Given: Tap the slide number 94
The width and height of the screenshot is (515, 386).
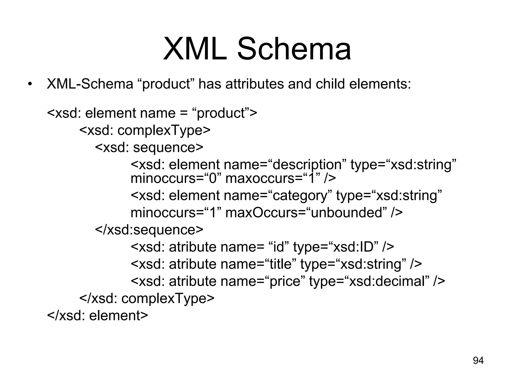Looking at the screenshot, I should [x=478, y=360].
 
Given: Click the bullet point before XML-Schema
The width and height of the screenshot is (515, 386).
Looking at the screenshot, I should [x=30, y=84].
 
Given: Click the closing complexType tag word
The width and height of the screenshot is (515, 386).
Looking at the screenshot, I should [x=167, y=298].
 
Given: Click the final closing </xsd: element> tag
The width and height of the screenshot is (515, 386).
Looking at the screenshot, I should [x=98, y=315].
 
